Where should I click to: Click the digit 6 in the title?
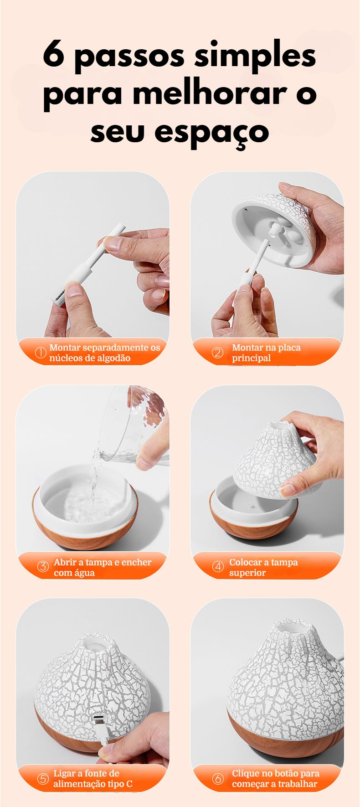click(x=53, y=56)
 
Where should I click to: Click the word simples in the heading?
click(x=255, y=57)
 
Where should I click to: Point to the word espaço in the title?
click(x=211, y=133)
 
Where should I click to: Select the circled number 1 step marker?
click(x=41, y=352)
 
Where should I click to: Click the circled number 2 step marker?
click(x=218, y=352)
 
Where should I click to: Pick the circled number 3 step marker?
click(x=43, y=567)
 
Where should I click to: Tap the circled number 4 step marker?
click(x=218, y=567)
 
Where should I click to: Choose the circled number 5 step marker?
click(x=43, y=778)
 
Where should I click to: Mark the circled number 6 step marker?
click(x=218, y=778)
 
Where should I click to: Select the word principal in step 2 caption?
click(x=251, y=358)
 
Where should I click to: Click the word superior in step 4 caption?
click(x=247, y=573)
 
